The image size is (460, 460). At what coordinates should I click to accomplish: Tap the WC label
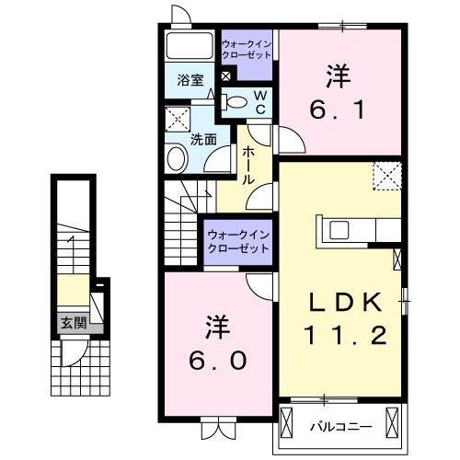[x=260, y=102]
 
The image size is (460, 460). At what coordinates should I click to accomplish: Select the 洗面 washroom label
[x=203, y=140]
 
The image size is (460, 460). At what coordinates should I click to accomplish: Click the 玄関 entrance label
[x=74, y=323]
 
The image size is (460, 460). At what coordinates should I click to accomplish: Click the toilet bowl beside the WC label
[x=236, y=102]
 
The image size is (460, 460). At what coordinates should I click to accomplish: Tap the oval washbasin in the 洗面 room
[x=177, y=159]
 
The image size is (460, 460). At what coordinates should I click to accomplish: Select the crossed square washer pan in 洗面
[x=177, y=120]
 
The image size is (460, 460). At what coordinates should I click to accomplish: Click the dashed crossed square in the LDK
[x=387, y=175]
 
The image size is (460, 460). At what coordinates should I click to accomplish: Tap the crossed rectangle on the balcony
[x=394, y=426]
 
